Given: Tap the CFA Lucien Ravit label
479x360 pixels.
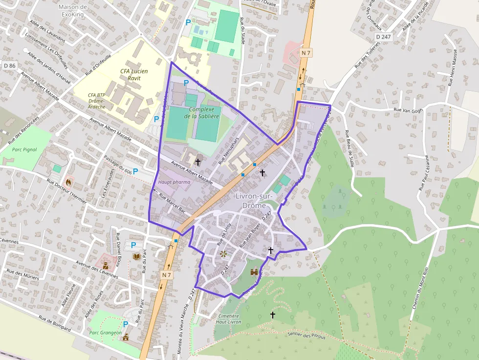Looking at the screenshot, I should coord(134,74).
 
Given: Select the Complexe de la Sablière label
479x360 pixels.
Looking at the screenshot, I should coord(202,113).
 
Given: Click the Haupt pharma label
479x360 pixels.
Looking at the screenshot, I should coord(174,182).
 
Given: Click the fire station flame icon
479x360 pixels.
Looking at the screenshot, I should coord(68,182).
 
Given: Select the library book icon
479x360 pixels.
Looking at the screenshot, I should coord(136,256).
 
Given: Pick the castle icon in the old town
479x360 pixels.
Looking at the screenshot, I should coord(254,272).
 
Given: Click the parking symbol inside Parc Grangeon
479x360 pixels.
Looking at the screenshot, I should coord(126,324).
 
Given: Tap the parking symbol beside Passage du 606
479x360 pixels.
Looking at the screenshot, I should coord(135,171).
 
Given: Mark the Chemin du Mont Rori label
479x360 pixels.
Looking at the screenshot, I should coord(417,290).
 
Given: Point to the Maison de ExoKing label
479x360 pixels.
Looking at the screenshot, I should coord(72,10).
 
